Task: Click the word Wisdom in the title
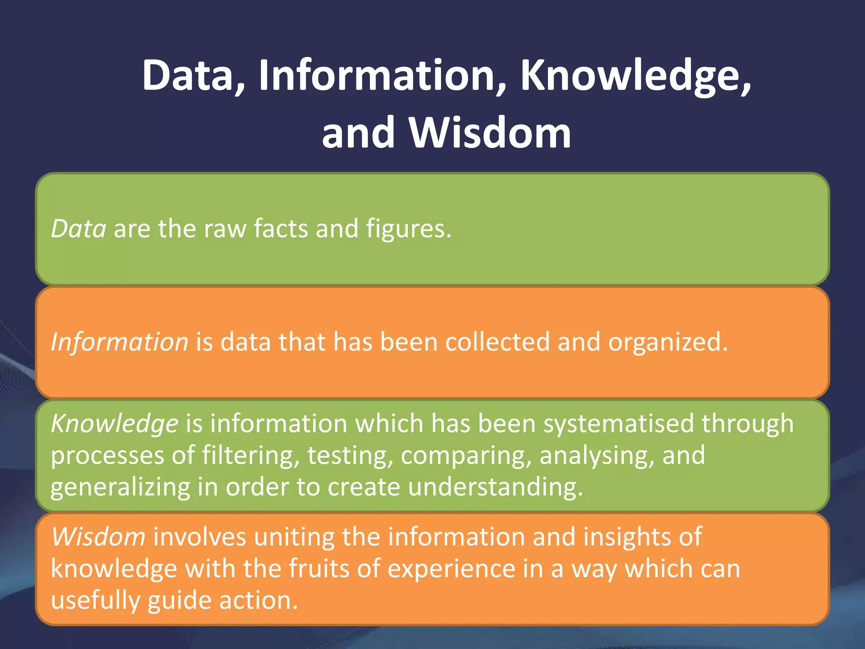[490, 133]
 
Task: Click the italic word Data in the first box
[79, 229]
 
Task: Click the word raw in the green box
[225, 229]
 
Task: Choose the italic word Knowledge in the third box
[114, 423]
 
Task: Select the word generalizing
[120, 487]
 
